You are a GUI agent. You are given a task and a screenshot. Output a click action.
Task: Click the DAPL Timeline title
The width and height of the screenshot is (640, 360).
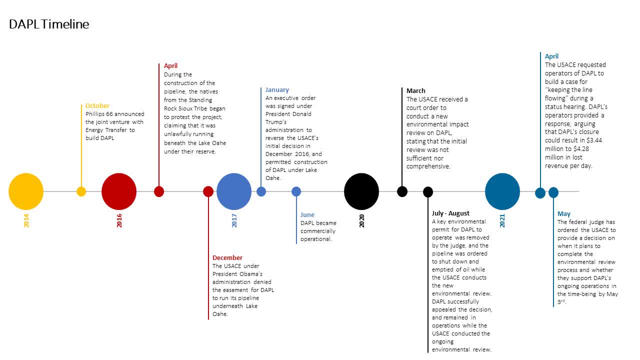(49, 24)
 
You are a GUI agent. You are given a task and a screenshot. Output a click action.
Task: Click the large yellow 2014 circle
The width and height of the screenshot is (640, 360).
(26, 191)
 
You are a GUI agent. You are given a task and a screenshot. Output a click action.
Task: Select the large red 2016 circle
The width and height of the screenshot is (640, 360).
(119, 191)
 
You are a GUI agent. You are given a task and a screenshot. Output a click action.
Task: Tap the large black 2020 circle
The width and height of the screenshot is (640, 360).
(361, 191)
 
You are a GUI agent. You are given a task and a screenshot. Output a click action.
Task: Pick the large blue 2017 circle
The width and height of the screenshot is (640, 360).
(234, 191)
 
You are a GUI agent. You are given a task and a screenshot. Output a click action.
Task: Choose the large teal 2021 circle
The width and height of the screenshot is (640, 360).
(502, 191)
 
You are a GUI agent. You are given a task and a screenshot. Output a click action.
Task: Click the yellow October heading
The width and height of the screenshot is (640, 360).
(97, 105)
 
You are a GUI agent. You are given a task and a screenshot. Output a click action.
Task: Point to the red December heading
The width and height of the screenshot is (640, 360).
(227, 257)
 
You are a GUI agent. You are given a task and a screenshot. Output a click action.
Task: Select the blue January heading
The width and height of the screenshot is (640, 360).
(277, 89)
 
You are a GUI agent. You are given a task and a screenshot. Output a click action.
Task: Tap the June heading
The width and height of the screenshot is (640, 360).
(307, 215)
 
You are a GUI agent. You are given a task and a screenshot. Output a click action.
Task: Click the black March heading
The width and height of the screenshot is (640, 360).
(415, 91)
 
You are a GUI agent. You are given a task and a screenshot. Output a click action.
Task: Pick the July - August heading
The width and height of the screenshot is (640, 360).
(450, 213)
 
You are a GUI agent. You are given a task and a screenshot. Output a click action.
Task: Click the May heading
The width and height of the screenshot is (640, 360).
(564, 214)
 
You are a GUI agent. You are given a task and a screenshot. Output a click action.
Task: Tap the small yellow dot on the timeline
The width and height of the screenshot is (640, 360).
(81, 191)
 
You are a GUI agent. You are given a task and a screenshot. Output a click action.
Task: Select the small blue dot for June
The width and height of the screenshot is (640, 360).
(296, 191)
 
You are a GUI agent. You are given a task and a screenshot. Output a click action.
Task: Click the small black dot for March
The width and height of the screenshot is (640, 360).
(402, 191)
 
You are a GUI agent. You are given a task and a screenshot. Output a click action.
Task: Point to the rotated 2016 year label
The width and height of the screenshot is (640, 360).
(119, 220)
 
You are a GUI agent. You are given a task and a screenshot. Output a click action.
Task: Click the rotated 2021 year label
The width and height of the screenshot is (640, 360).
(502, 220)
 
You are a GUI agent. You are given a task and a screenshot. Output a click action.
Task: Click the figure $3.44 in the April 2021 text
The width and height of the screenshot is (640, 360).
(594, 140)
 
